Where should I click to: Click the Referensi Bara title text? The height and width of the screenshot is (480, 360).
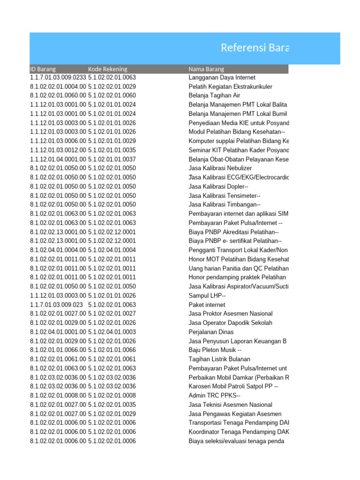(x=255, y=48)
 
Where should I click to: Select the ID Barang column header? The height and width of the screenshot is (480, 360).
(x=43, y=69)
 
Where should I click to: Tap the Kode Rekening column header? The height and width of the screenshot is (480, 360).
(x=107, y=69)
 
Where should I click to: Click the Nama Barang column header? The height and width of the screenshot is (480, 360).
(x=206, y=69)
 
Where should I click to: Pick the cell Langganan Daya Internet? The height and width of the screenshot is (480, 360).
(x=222, y=77)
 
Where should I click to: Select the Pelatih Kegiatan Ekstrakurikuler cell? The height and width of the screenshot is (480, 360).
(x=230, y=87)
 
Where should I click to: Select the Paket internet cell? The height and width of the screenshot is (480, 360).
(x=207, y=305)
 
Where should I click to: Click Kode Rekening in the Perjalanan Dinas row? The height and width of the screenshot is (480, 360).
(x=112, y=332)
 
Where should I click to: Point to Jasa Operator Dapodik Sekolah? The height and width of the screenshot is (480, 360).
(x=230, y=323)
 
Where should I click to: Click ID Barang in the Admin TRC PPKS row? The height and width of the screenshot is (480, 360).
(x=58, y=396)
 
